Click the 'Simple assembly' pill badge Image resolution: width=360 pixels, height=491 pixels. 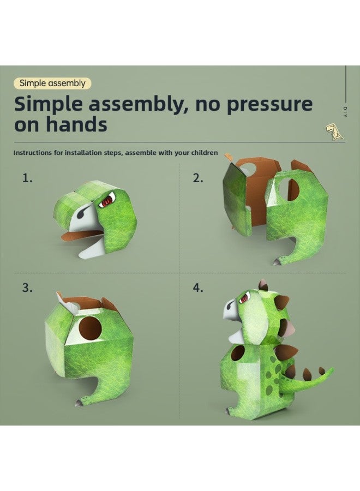(52, 83)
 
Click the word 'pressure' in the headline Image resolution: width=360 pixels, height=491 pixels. (269, 104)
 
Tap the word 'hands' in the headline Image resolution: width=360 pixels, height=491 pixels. (77, 124)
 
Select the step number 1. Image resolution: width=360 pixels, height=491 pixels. (27, 178)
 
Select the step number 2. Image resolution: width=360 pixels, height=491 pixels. (198, 178)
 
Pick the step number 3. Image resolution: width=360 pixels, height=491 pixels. (27, 288)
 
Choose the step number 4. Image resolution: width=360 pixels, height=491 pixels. (198, 288)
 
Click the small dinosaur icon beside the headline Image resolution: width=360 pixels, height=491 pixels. (334, 131)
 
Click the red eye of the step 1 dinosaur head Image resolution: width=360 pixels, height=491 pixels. (107, 200)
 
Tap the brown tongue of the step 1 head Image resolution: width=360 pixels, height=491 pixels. (82, 235)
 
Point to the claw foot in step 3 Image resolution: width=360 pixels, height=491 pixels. (80, 403)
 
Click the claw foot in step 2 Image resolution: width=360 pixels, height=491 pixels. (277, 262)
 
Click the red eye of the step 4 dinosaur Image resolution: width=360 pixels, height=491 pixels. (244, 298)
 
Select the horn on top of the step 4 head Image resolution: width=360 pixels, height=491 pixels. (262, 285)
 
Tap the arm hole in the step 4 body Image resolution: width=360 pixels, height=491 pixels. (238, 353)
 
